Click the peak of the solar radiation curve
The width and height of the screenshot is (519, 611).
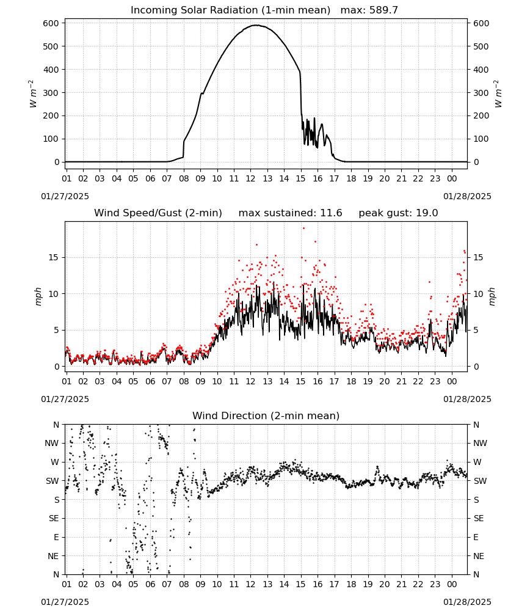[256, 25]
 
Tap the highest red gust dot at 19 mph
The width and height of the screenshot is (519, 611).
[303, 229]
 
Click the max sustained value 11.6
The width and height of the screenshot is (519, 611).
[331, 213]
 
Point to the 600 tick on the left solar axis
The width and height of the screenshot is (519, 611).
[51, 23]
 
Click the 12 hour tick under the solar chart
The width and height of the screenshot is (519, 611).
[250, 178]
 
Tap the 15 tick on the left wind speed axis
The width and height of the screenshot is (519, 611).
[54, 258]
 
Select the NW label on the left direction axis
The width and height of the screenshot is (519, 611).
[52, 444]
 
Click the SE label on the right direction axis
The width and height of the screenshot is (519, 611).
[479, 519]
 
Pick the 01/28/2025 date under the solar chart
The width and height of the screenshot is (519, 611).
[467, 196]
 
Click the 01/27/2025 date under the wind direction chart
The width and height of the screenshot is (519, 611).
[65, 602]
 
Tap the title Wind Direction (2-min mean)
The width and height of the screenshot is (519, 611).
[266, 415]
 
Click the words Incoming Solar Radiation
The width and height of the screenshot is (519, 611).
[194, 10]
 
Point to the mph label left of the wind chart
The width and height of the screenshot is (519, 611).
[38, 296]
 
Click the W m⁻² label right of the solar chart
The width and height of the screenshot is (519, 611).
[498, 94]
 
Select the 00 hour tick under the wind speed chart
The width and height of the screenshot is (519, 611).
[452, 381]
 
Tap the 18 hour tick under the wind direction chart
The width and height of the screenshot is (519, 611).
[351, 585]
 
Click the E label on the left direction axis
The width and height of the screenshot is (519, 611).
[56, 537]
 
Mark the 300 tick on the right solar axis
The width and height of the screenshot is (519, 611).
[481, 93]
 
